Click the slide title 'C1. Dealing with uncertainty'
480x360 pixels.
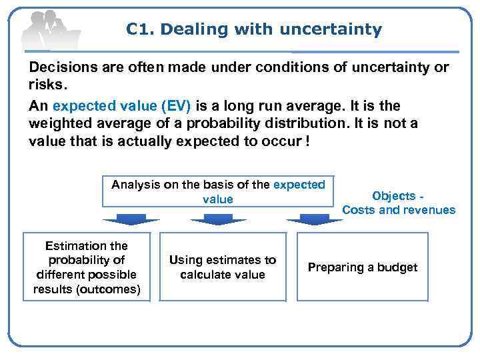point(254,29)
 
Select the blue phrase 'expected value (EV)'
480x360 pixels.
point(121,106)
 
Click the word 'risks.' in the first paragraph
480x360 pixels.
point(47,85)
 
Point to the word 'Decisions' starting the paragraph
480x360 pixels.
point(59,69)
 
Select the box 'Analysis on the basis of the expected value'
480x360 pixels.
point(218,191)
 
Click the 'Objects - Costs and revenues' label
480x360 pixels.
point(399,203)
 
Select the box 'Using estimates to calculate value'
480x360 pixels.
point(222,267)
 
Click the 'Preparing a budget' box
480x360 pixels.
point(362,267)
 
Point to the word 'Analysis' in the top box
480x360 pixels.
point(133,185)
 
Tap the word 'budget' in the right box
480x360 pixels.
point(398,267)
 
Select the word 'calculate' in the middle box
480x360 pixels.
point(206,275)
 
